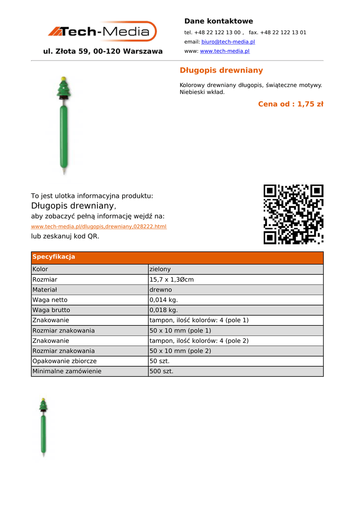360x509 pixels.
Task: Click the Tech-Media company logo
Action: tap(102, 32)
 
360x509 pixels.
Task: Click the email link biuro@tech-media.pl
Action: tap(228, 42)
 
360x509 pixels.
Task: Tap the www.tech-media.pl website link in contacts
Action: tap(224, 51)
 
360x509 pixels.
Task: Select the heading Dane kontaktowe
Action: tap(218, 21)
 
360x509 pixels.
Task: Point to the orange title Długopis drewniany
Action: tap(221, 71)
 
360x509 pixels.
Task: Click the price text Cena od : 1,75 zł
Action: tap(290, 104)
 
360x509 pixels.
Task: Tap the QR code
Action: tap(293, 214)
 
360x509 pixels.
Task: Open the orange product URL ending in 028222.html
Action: tap(98, 227)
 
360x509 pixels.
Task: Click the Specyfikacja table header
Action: tap(54, 257)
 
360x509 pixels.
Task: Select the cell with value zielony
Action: tap(160, 269)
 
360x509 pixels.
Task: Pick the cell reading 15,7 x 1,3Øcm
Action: tap(172, 280)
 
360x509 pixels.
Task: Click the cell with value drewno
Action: tap(161, 290)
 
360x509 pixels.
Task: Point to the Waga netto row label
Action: tap(50, 300)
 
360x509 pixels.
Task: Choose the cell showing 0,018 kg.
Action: tap(164, 310)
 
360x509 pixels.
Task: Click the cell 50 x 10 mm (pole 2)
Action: tap(180, 351)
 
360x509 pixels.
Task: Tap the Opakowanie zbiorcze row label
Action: tap(65, 361)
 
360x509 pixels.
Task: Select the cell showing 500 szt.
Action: tap(162, 371)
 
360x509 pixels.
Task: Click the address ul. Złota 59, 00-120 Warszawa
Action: tap(103, 51)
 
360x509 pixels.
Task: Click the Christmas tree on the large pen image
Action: tap(64, 90)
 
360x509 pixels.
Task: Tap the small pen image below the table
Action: tap(44, 427)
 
